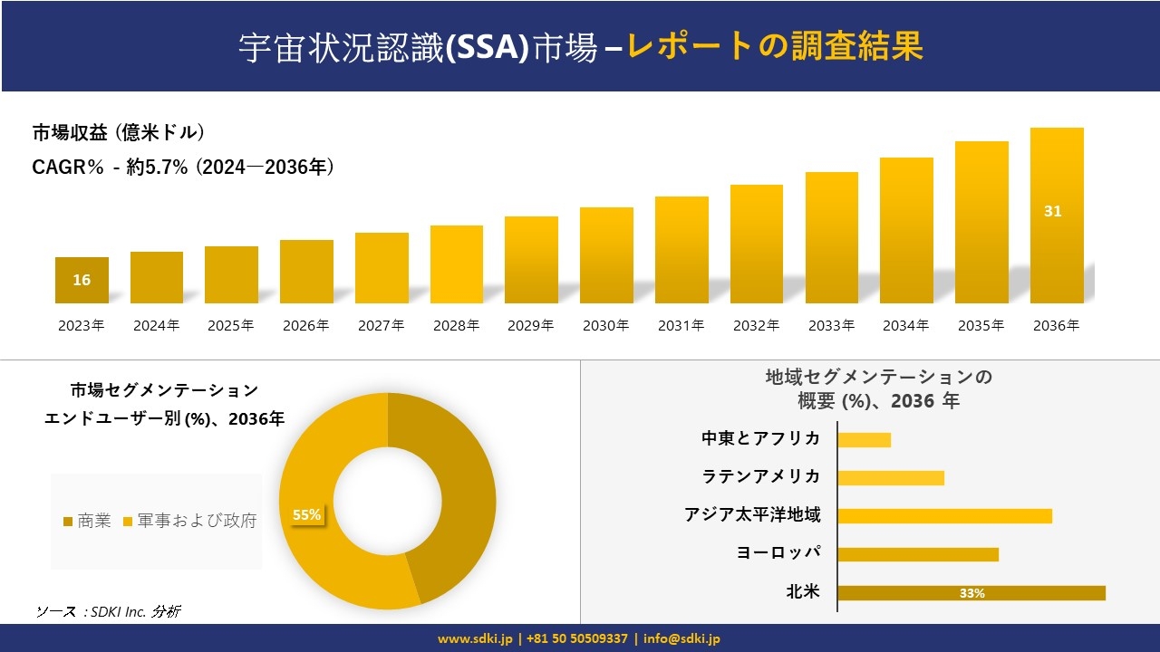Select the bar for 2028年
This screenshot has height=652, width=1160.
tap(456, 264)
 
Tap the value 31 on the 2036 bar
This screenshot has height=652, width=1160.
tap(1052, 211)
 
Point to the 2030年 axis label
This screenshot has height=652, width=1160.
tap(605, 326)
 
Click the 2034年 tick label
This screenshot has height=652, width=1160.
tap(905, 326)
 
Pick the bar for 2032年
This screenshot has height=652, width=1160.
tap(756, 244)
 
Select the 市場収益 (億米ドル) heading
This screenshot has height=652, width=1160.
tap(119, 132)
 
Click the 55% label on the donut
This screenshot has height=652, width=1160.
tap(306, 515)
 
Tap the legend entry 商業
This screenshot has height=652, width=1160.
tap(87, 521)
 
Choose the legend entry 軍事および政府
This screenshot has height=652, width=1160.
tap(189, 521)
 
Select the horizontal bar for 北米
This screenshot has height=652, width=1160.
tap(971, 593)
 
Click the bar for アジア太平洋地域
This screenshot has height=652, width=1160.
tap(944, 516)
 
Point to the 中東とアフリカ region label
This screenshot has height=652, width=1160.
tap(760, 438)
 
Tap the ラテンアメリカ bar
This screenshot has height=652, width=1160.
tap(891, 477)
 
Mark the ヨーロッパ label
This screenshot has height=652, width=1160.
tap(778, 553)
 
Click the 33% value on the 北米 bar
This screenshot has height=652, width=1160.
tap(971, 593)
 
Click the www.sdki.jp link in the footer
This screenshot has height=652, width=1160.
tap(475, 638)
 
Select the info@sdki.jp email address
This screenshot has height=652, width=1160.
tap(682, 638)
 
